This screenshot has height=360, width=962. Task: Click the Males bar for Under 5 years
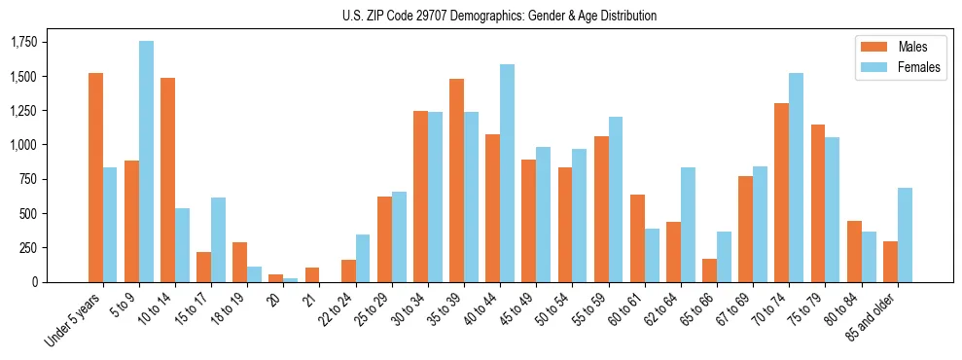(x=95, y=177)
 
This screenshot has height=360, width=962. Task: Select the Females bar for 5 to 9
(x=146, y=162)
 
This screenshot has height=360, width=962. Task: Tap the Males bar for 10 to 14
(x=167, y=180)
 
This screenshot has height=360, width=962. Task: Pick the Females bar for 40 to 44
(x=507, y=173)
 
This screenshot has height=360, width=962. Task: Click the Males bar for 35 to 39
(x=456, y=180)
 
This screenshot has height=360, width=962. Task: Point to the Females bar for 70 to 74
(x=796, y=177)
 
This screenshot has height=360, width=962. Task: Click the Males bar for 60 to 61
(x=637, y=238)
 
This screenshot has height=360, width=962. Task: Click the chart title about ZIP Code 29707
(x=499, y=16)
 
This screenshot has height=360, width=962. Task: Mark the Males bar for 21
(x=312, y=274)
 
